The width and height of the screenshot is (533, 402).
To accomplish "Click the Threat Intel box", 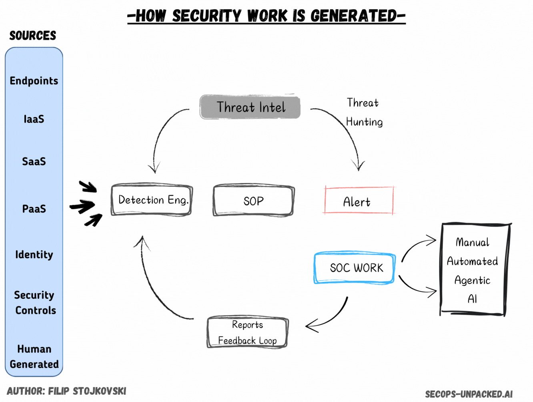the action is pos(250,107).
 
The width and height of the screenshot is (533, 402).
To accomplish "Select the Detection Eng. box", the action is pos(152,200).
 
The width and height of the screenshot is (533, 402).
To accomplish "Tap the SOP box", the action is pos(254,200).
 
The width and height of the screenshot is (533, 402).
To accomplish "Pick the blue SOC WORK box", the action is pos(355,267).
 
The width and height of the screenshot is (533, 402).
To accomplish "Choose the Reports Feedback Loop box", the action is pos(247,332).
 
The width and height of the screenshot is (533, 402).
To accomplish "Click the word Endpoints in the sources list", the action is pos(34,81).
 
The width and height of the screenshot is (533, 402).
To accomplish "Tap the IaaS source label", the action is pos(34,119).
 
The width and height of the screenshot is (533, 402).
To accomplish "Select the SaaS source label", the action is pos(34,161).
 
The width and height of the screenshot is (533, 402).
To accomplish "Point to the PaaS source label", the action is pos(34,209).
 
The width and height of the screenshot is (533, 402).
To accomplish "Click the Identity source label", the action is pos(34,255).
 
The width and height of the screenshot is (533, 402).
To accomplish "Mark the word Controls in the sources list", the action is pos(36,310).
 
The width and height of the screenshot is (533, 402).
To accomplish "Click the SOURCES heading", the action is pos(33,36).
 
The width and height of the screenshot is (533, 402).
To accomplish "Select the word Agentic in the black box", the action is pos(472,281).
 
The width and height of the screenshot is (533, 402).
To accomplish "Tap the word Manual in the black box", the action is pos(472,242).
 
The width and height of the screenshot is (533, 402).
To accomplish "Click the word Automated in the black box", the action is pos(472,261).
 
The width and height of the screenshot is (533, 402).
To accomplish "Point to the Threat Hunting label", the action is pos(364,112).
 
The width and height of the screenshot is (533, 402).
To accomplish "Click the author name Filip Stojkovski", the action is pos(87,391).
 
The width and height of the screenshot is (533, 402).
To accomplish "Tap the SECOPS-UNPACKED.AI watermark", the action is pos(469,394).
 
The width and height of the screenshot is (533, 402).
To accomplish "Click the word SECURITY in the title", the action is pos(207,16).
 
